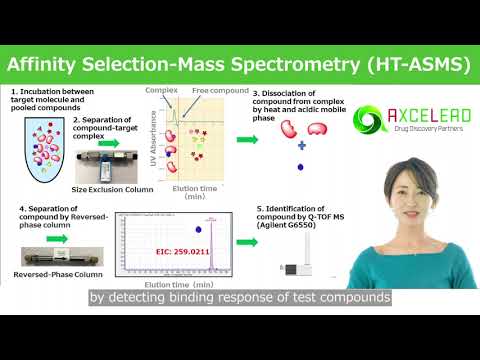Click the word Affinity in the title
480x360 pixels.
pos(50,67)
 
